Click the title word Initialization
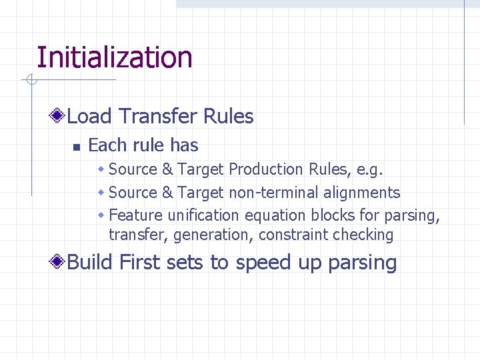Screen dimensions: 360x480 click(x=114, y=57)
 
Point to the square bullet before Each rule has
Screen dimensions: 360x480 click(x=76, y=147)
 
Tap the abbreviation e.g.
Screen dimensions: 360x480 click(x=370, y=170)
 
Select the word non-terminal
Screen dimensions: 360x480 click(x=274, y=193)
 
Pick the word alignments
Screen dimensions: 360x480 click(x=362, y=193)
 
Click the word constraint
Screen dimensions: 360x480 click(x=289, y=235)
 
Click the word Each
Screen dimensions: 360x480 click(x=103, y=145)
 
